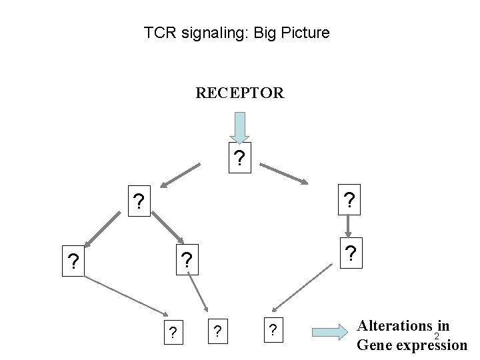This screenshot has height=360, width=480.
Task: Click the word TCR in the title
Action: (158, 32)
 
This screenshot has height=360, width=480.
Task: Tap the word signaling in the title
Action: (205, 32)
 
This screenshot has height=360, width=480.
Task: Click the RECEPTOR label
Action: (240, 93)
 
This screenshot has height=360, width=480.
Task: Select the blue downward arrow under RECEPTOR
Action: (240, 128)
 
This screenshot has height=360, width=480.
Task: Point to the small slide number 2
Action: (437, 335)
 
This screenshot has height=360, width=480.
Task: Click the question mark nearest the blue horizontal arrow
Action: (271, 330)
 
